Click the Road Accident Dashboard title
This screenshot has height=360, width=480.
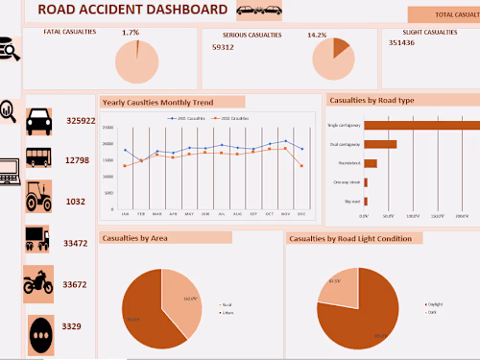click(x=132, y=11)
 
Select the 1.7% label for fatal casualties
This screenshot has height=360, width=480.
click(x=131, y=33)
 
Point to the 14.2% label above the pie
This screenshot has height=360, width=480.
click(x=317, y=36)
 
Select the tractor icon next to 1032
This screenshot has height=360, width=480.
click(x=39, y=196)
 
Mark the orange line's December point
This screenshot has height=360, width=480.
click(x=301, y=166)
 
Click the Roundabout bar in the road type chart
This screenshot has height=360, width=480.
click(x=371, y=163)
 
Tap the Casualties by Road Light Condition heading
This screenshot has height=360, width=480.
click(x=354, y=237)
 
